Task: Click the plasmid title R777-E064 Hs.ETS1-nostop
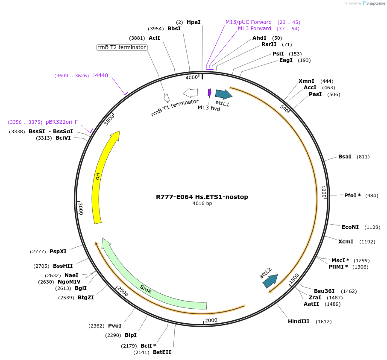click(x=202, y=197)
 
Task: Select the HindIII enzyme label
click(x=298, y=321)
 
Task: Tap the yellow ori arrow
click(x=99, y=179)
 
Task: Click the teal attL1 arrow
click(x=223, y=94)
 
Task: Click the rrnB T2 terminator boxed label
click(x=122, y=47)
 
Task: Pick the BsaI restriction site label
click(x=344, y=157)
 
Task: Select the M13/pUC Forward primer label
click(x=248, y=22)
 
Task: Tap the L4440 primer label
click(x=100, y=76)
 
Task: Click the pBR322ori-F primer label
click(x=62, y=122)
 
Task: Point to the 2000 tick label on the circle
click(x=211, y=320)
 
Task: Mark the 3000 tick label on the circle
click(x=80, y=209)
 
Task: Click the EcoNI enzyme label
click(x=350, y=227)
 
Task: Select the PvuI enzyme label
click(x=114, y=326)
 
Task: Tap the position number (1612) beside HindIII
click(x=323, y=322)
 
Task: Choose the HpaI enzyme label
click(x=193, y=22)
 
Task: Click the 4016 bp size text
click(x=202, y=204)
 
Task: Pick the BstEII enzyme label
click(x=162, y=352)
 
